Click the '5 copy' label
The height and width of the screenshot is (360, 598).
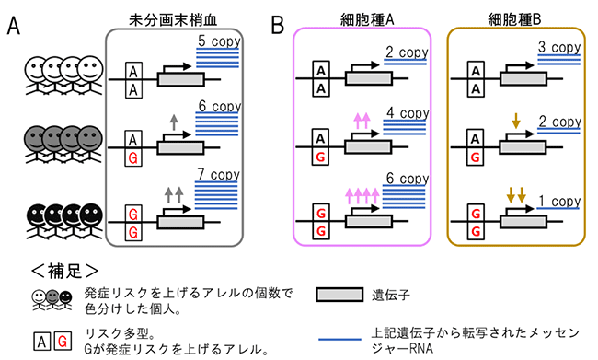click(218, 41)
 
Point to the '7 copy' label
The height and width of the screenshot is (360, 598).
click(218, 174)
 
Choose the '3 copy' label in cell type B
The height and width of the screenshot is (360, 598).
click(558, 45)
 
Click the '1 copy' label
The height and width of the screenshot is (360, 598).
click(558, 201)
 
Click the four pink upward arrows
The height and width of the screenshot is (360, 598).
click(362, 194)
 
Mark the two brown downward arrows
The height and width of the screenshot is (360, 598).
click(514, 194)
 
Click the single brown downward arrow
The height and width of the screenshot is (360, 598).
click(513, 120)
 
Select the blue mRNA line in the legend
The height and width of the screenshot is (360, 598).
click(347, 338)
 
